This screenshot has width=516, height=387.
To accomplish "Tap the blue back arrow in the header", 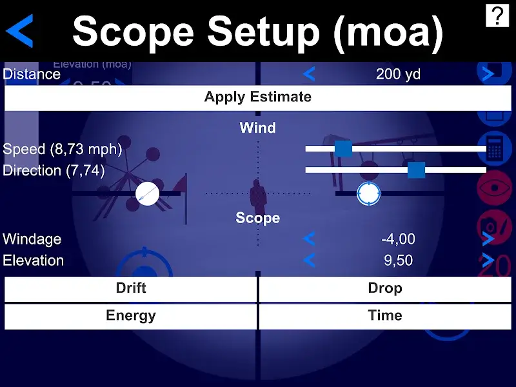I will [21, 32].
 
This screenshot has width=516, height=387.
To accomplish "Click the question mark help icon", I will [497, 15].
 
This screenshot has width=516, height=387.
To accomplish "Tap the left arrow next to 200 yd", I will [309, 74].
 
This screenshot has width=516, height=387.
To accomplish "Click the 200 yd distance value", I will [398, 74].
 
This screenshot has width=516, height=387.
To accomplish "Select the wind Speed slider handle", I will [343, 148].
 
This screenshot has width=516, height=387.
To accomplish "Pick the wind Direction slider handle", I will [416, 170].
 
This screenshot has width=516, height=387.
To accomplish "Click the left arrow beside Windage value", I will [309, 239].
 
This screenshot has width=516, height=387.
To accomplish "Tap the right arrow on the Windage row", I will [488, 239].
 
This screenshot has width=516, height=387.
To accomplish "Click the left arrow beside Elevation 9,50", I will [309, 261].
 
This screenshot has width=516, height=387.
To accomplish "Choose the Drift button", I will [131, 288].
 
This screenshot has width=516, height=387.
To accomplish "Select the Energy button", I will [131, 316].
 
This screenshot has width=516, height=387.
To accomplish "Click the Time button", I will [385, 316].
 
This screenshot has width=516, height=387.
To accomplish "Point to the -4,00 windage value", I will [398, 239].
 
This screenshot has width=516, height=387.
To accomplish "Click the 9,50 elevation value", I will [398, 261].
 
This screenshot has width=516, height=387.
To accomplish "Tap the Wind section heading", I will [257, 128].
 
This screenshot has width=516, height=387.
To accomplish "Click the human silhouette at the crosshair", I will [257, 195].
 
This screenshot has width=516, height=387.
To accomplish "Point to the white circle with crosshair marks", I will [368, 193].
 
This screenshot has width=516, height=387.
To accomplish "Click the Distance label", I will [32, 74].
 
